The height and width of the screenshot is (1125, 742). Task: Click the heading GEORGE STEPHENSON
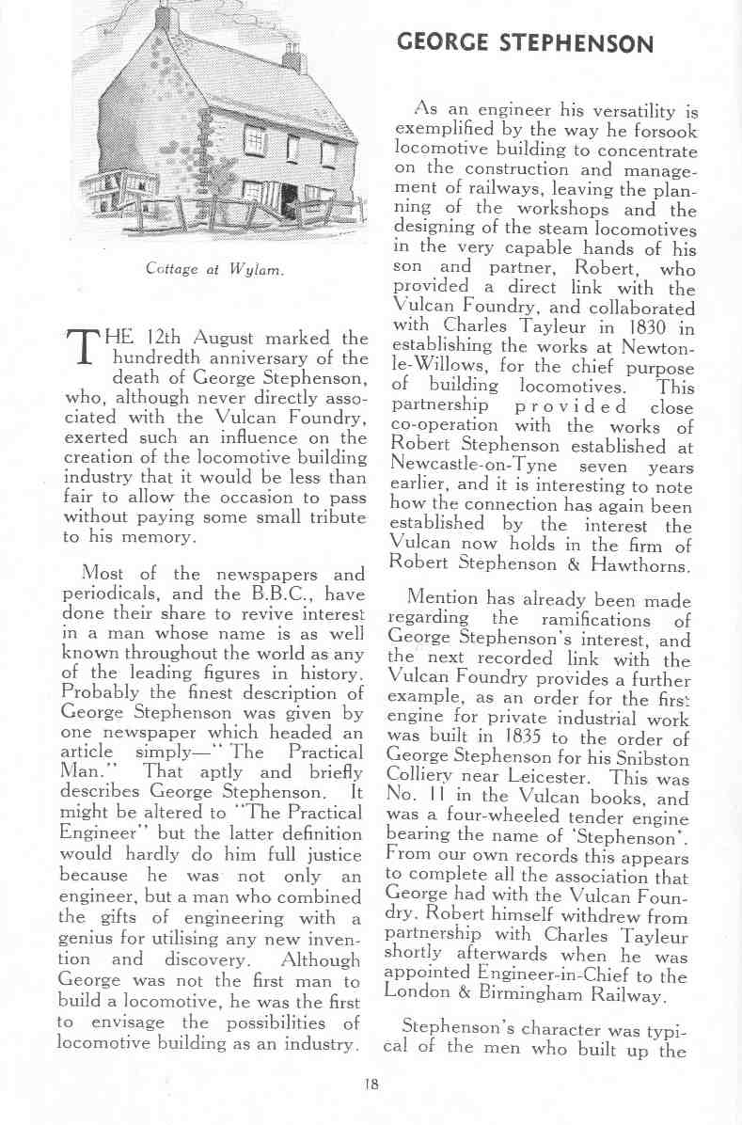coord(526,43)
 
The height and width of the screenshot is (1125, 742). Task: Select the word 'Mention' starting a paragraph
coord(440,598)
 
